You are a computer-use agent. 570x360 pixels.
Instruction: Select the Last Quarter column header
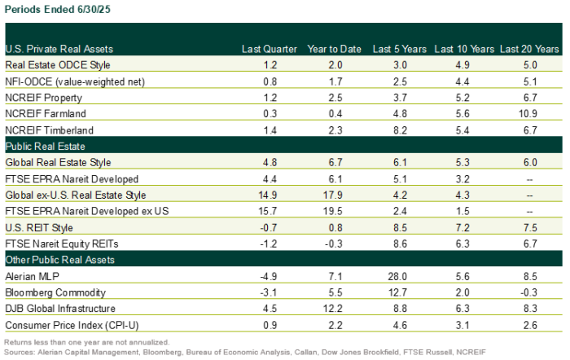[x=270, y=49]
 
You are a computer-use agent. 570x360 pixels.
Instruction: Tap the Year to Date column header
[x=334, y=49]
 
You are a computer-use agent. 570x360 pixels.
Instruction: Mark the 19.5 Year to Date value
[x=335, y=211]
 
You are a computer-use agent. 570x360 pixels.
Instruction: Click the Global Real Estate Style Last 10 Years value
[x=463, y=162]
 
